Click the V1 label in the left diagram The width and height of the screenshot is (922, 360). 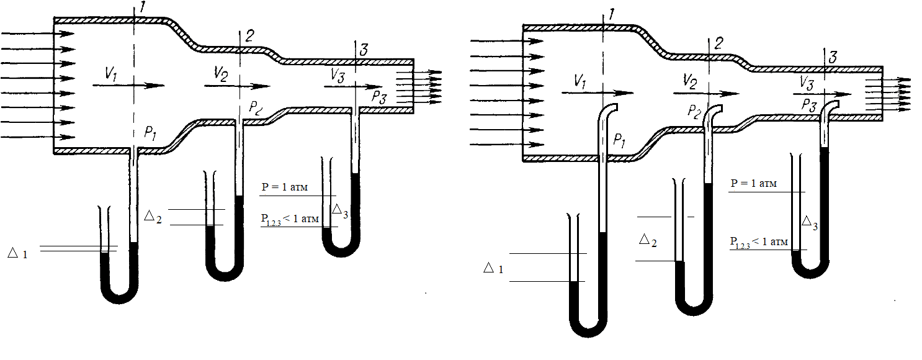coord(111,74)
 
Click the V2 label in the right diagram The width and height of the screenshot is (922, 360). coord(690,81)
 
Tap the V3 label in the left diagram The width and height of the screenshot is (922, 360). coord(338,75)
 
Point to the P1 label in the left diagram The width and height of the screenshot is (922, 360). coord(150,133)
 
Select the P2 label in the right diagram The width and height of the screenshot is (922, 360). coord(694,112)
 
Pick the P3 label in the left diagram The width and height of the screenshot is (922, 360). coord(379,97)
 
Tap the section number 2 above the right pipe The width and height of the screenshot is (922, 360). coord(718,43)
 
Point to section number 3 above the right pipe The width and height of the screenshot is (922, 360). coord(833,57)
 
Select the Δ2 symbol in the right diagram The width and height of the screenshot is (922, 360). coord(648,240)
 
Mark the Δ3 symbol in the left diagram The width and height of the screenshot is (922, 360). coord(340,211)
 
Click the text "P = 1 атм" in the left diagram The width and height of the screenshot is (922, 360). coord(284,187)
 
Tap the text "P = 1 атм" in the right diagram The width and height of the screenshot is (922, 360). coord(754,183)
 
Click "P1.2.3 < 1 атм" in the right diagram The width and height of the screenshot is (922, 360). coord(759,242)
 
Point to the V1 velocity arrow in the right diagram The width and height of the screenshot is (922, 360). coord(598,93)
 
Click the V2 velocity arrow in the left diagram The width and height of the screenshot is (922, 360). coord(238,86)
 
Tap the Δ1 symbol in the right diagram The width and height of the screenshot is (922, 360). coord(493,269)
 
